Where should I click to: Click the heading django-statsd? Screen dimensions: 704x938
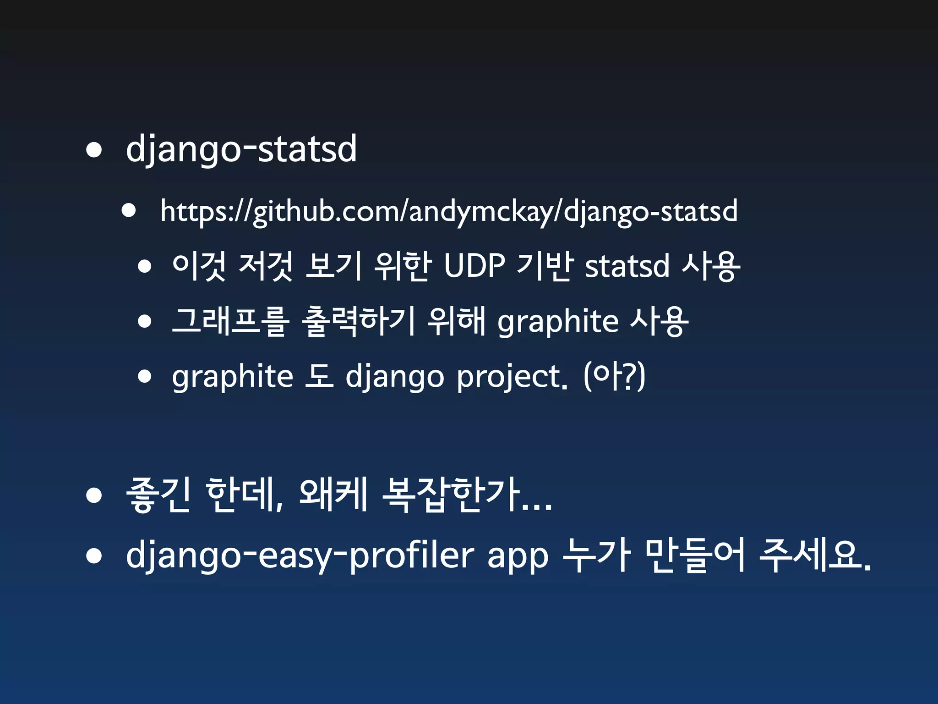click(x=241, y=149)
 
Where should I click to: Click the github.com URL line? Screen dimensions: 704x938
click(x=449, y=211)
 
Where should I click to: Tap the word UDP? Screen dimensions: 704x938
click(x=474, y=266)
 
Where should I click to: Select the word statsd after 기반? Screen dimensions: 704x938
click(x=627, y=266)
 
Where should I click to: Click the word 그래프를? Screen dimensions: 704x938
click(x=230, y=321)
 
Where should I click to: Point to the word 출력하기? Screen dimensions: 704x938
click(x=358, y=321)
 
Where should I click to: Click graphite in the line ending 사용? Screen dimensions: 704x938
click(x=558, y=322)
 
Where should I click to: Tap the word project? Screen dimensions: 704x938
click(x=512, y=377)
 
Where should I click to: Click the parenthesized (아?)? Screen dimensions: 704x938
click(x=614, y=377)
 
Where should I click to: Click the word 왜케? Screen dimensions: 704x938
click(x=333, y=495)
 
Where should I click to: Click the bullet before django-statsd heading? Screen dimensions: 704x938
click(x=94, y=150)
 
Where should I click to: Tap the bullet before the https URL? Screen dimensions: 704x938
click(x=129, y=211)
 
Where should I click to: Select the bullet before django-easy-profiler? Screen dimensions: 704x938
click(x=94, y=556)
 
